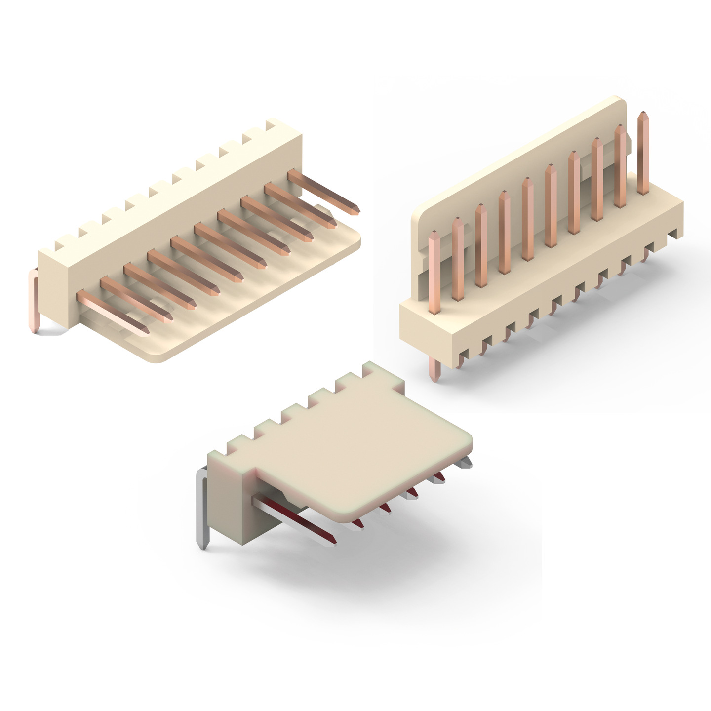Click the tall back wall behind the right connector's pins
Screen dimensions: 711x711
click(518, 163)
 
